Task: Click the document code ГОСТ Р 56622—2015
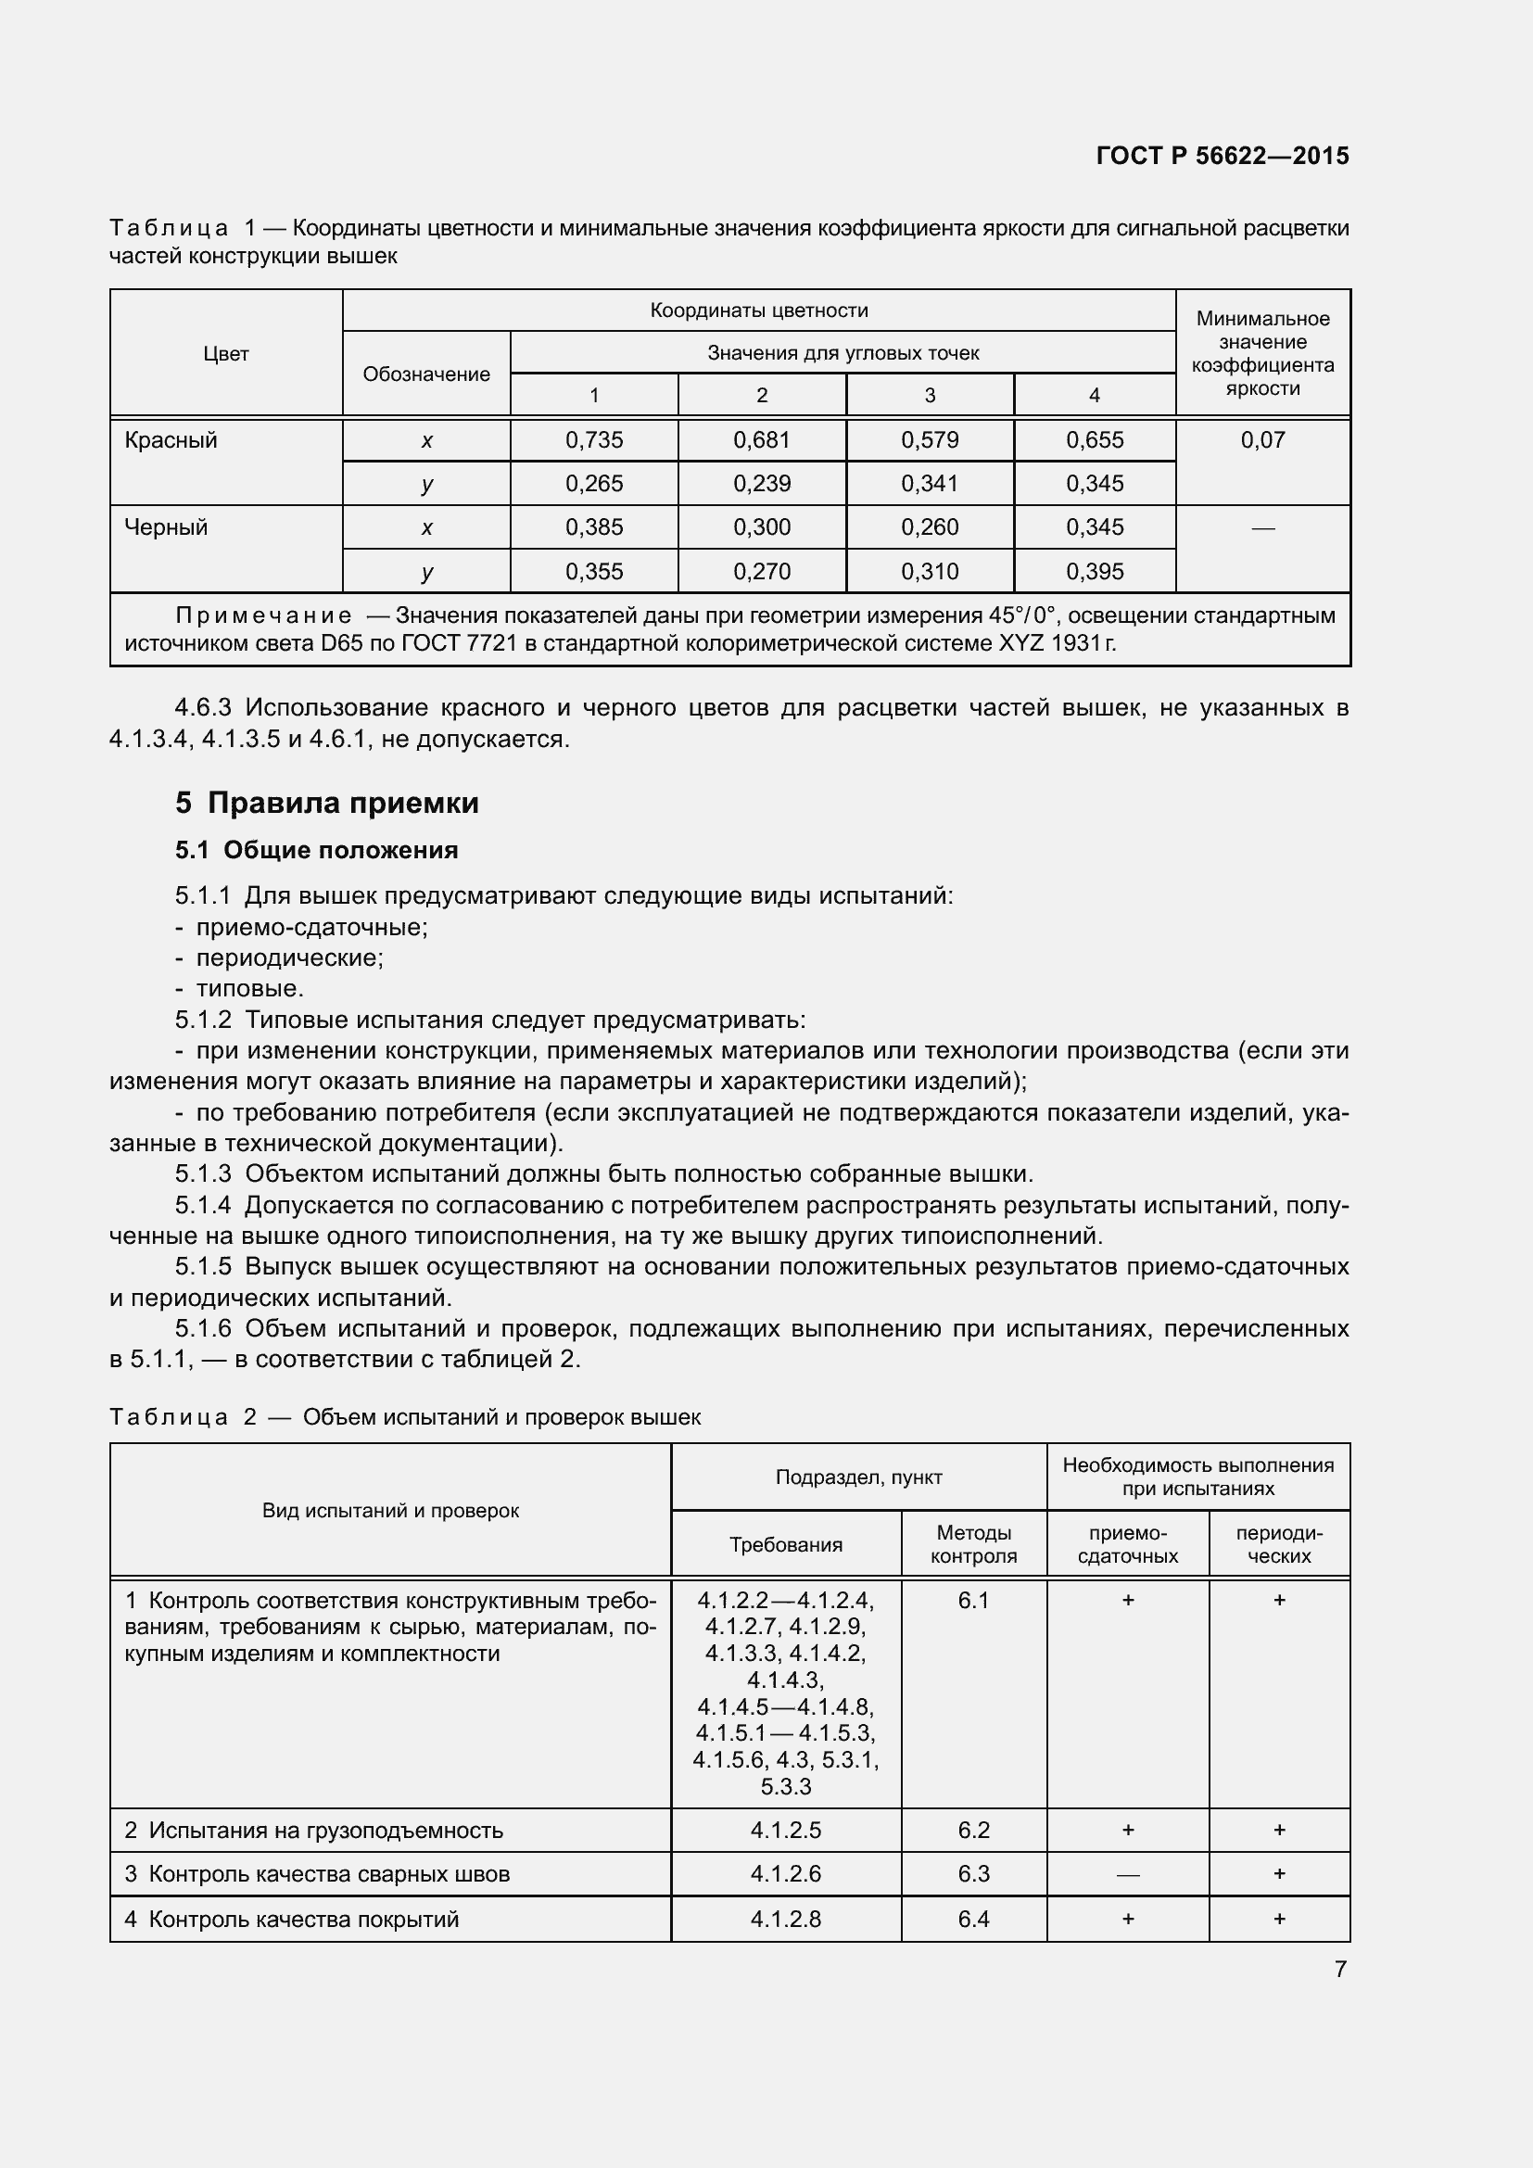click(1222, 156)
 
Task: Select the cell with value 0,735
click(594, 440)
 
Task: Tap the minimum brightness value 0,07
click(1262, 440)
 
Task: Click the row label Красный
click(171, 440)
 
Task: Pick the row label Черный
click(166, 526)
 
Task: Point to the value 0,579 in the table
click(929, 440)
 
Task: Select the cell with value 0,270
click(761, 571)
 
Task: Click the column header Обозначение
click(425, 374)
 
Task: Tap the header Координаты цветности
click(758, 311)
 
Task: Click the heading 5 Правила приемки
click(326, 803)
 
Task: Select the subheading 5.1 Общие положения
click(316, 850)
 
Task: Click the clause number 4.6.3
click(203, 707)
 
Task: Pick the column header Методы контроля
click(973, 1544)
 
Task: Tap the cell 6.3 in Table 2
click(973, 1873)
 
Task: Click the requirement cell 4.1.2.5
click(785, 1830)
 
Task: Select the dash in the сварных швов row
click(1127, 1874)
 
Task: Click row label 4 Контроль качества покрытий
click(292, 1919)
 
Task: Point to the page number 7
click(1340, 1969)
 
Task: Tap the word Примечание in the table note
click(263, 615)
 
